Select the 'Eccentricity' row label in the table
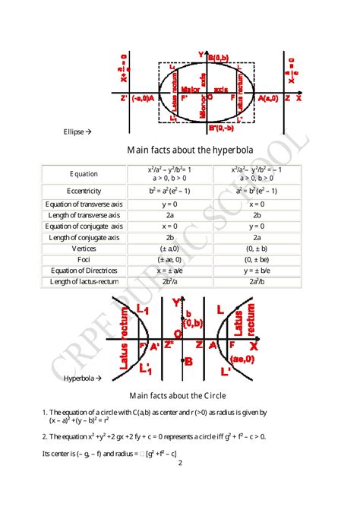click(x=84, y=191)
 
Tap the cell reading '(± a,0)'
click(x=169, y=248)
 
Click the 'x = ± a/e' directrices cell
click(x=169, y=271)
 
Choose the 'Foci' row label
click(x=84, y=259)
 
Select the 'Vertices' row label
click(x=84, y=248)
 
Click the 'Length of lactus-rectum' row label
click(x=84, y=282)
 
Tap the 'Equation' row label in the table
click(x=84, y=174)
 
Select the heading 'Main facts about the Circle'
click(x=178, y=395)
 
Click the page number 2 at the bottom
click(x=180, y=462)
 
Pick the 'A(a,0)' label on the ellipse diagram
click(x=268, y=98)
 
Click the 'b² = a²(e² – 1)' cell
click(x=169, y=191)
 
